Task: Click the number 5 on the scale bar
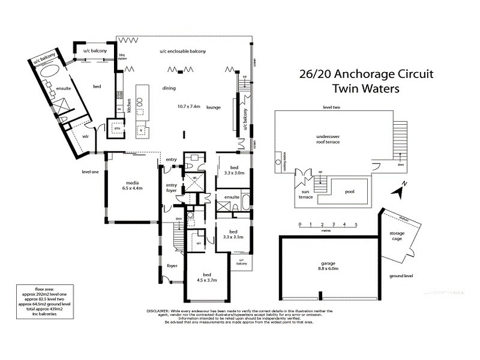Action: (x=356, y=224)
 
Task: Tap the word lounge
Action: (x=213, y=107)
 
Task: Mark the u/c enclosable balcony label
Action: (x=183, y=52)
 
